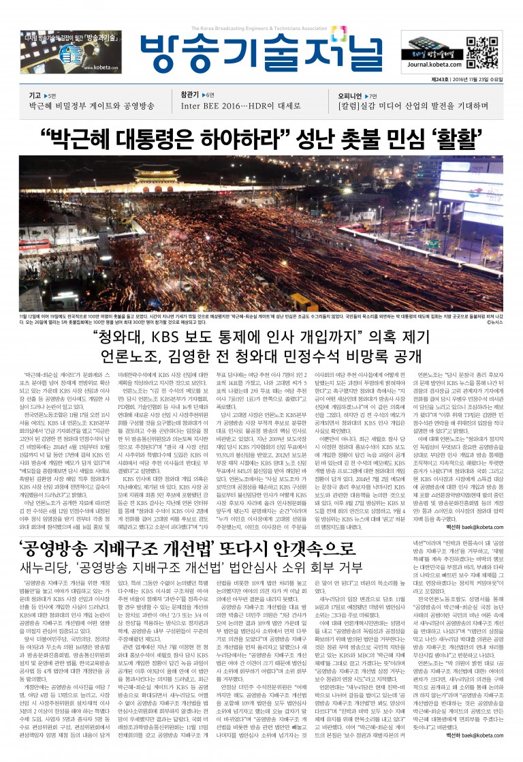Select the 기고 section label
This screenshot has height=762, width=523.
[35, 95]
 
